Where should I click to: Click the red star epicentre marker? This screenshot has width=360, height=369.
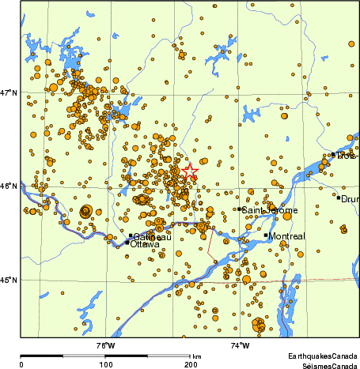[190, 171]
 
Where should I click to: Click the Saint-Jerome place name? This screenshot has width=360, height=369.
[270, 210]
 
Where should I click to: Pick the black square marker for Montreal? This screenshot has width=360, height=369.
[266, 235]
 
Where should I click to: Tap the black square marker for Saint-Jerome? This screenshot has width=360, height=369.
[239, 209]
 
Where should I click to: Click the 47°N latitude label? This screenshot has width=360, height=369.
[9, 93]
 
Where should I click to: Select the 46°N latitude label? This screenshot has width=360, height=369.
[9, 186]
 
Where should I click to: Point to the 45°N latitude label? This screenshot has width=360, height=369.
[9, 280]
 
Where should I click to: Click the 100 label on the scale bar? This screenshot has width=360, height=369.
[104, 364]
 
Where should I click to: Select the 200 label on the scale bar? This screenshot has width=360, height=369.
[189, 364]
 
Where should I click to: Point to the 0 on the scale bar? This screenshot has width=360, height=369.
[21, 364]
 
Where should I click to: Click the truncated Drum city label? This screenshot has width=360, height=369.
[350, 198]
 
